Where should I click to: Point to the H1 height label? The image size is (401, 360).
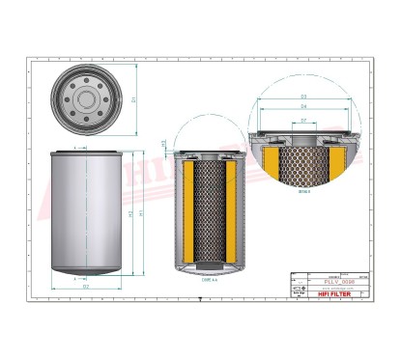(x=141, y=212)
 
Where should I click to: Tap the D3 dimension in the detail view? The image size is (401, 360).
(x=303, y=97)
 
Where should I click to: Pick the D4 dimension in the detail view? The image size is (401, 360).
(x=303, y=106)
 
